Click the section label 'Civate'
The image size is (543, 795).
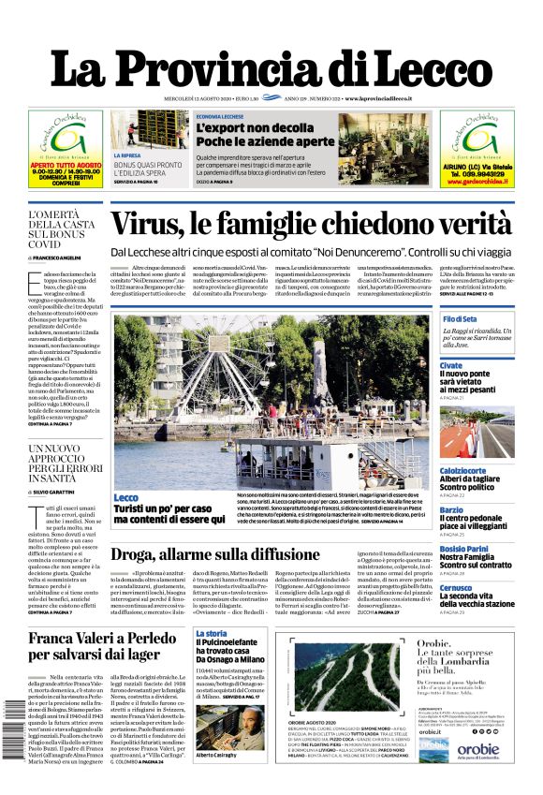[451, 365]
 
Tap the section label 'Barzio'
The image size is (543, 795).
[451, 510]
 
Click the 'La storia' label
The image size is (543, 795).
[211, 634]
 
